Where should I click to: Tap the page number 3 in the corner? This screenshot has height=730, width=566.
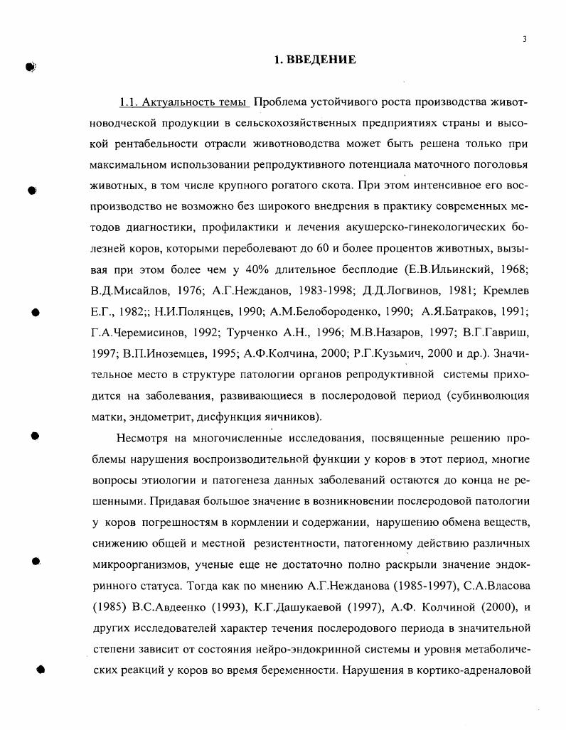click(x=524, y=40)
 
